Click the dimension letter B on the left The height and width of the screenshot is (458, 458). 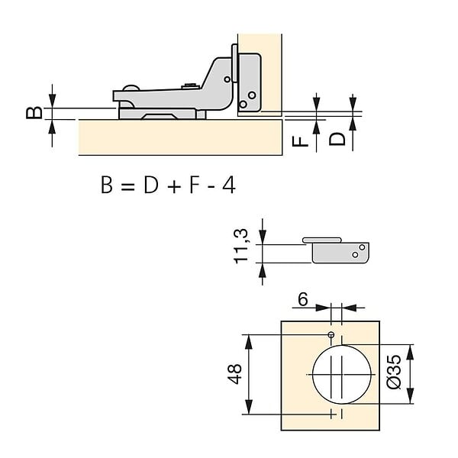point(34,113)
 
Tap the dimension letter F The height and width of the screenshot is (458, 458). point(300,141)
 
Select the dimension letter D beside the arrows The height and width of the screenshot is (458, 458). point(337,139)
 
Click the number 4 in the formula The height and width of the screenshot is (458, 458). point(229,185)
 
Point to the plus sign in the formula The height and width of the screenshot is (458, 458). point(174,186)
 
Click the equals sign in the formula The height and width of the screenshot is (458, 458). point(127,186)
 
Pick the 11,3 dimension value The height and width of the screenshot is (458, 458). point(241,247)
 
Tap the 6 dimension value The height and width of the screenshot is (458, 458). point(303,299)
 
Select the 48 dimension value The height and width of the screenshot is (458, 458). point(234,374)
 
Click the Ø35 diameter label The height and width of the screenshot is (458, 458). point(393,372)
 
